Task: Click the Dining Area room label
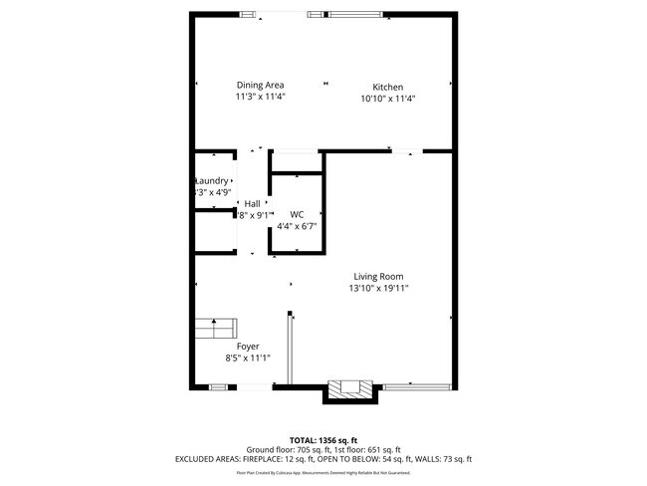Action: point(260,85)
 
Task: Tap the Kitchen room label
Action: point(387,87)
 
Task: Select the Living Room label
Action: point(378,276)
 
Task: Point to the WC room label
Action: point(297,214)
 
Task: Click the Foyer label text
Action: point(248,346)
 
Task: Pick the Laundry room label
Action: point(212,180)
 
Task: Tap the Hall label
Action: point(252,203)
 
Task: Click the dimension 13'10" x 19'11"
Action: point(378,288)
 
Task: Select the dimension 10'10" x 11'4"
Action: point(387,99)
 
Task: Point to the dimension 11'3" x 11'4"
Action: point(260,98)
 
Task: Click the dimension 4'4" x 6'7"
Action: point(297,226)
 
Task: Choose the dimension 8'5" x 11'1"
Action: point(248,358)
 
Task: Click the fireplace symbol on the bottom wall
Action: point(351,389)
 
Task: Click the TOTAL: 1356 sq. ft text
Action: point(323,439)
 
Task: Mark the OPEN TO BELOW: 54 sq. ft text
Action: point(374,459)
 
